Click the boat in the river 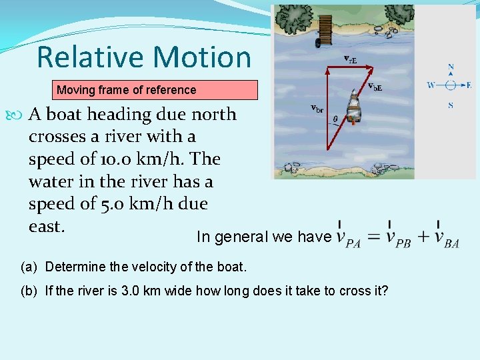point(354,109)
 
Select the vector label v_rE point(350,59)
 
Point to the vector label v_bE point(375,86)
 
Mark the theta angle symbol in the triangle point(335,119)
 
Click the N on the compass point(451,67)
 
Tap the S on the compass point(451,105)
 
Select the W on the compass point(431,85)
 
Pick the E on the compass point(469,85)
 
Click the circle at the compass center point(451,85)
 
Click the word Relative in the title point(81,57)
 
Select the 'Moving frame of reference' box point(155,90)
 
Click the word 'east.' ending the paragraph point(47,227)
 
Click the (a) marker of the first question point(29,267)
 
